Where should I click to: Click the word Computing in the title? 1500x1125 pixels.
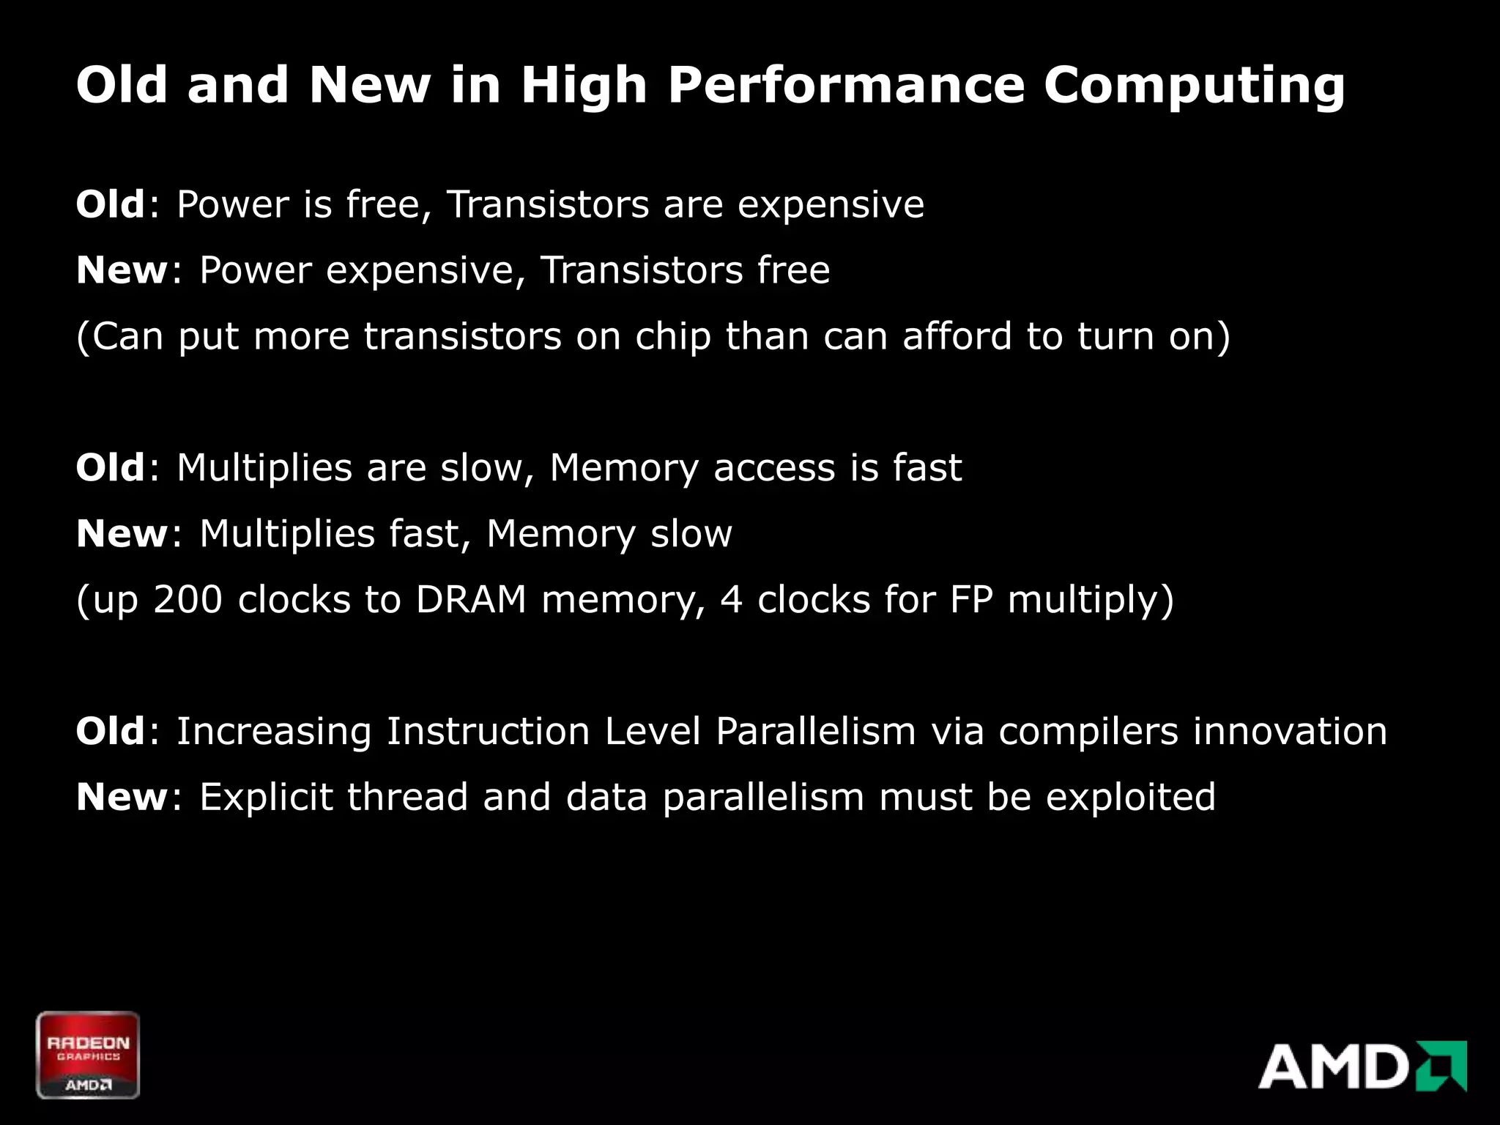1194,86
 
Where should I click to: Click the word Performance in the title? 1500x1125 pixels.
845,85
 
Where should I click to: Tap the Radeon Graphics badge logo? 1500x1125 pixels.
88,1055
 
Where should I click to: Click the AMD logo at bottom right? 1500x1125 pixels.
1362,1066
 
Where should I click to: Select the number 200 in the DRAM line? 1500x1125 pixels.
187,599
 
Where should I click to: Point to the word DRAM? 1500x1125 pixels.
471,599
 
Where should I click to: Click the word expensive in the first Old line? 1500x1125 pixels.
831,205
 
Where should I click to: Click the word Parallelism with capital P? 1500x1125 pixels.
815,731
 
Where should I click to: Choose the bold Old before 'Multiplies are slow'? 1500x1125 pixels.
111,468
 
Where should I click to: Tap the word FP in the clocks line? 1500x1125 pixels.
971,599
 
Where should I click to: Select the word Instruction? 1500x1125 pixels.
488,731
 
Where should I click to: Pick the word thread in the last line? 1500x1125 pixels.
407,798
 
